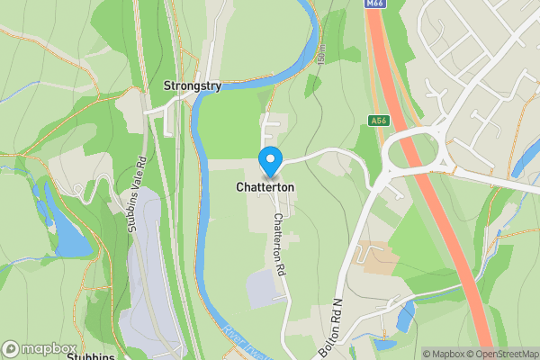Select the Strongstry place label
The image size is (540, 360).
192,85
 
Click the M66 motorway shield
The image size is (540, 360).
374,4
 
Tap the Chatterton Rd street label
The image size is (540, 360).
281,244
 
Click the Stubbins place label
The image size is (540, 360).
90,356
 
